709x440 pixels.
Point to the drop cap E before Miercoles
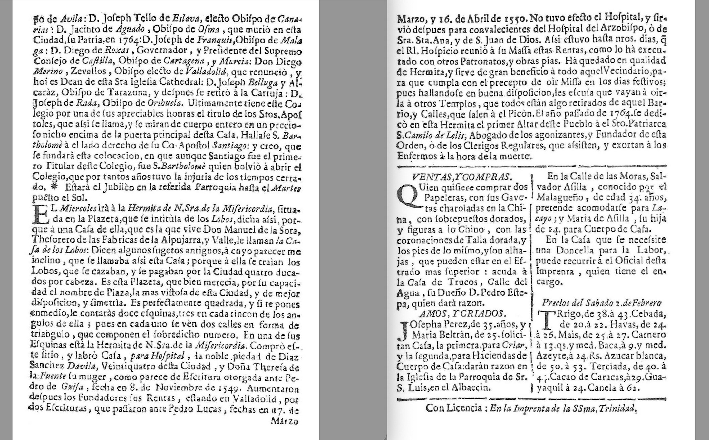coord(40,215)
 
